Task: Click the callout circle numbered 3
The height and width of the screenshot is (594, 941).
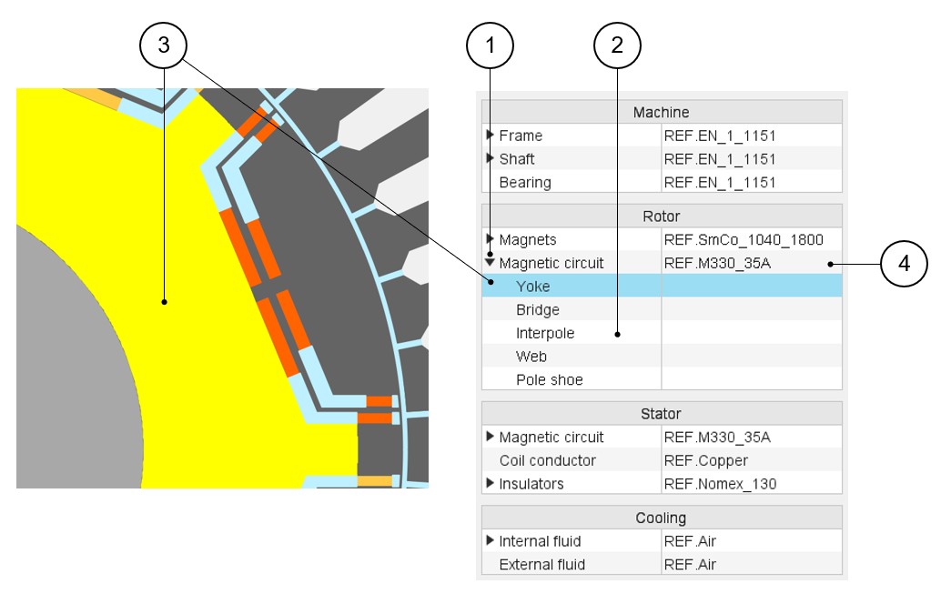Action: [x=163, y=45]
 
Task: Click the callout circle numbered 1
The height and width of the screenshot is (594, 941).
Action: [x=491, y=45]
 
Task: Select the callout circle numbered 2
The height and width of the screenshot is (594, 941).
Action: [x=617, y=45]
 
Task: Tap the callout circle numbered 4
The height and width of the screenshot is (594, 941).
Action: [x=904, y=264]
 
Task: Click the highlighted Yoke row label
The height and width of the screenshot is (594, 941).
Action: [x=532, y=287]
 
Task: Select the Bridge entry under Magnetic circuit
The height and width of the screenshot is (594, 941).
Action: [x=537, y=310]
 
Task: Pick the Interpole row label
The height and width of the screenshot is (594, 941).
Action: [x=545, y=334]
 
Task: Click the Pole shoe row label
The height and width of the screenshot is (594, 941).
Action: [x=549, y=380]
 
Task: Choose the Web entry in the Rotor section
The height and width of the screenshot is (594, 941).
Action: [x=531, y=357]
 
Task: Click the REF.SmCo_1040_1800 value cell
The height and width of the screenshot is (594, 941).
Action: [x=743, y=240]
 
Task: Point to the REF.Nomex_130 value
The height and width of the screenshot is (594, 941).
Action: [x=720, y=484]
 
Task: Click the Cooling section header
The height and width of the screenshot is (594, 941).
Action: [x=661, y=518]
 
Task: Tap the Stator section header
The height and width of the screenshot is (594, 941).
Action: [x=661, y=414]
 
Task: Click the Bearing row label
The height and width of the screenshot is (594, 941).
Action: [x=524, y=183]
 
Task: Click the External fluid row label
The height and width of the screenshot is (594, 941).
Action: [x=541, y=565]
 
